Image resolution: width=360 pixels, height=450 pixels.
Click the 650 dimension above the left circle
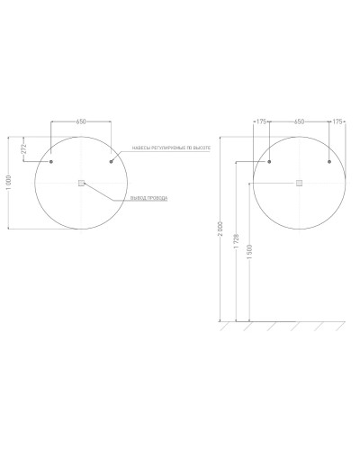click(x=81, y=120)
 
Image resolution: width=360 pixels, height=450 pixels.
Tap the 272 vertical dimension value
click(x=23, y=148)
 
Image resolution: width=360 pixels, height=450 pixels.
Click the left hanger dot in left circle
click(x=51, y=162)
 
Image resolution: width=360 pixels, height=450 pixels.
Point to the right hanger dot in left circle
click(x=111, y=162)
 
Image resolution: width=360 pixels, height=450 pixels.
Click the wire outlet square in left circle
click(x=81, y=183)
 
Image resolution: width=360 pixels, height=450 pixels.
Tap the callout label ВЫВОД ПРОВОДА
click(x=148, y=198)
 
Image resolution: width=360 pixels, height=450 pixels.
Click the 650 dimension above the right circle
click(x=300, y=120)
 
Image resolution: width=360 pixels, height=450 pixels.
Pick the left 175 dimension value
click(x=262, y=120)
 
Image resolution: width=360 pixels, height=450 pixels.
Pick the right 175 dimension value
click(x=337, y=120)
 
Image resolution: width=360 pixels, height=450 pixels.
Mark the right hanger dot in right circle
click(x=329, y=162)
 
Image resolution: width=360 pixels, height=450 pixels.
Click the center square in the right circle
click(x=300, y=183)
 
